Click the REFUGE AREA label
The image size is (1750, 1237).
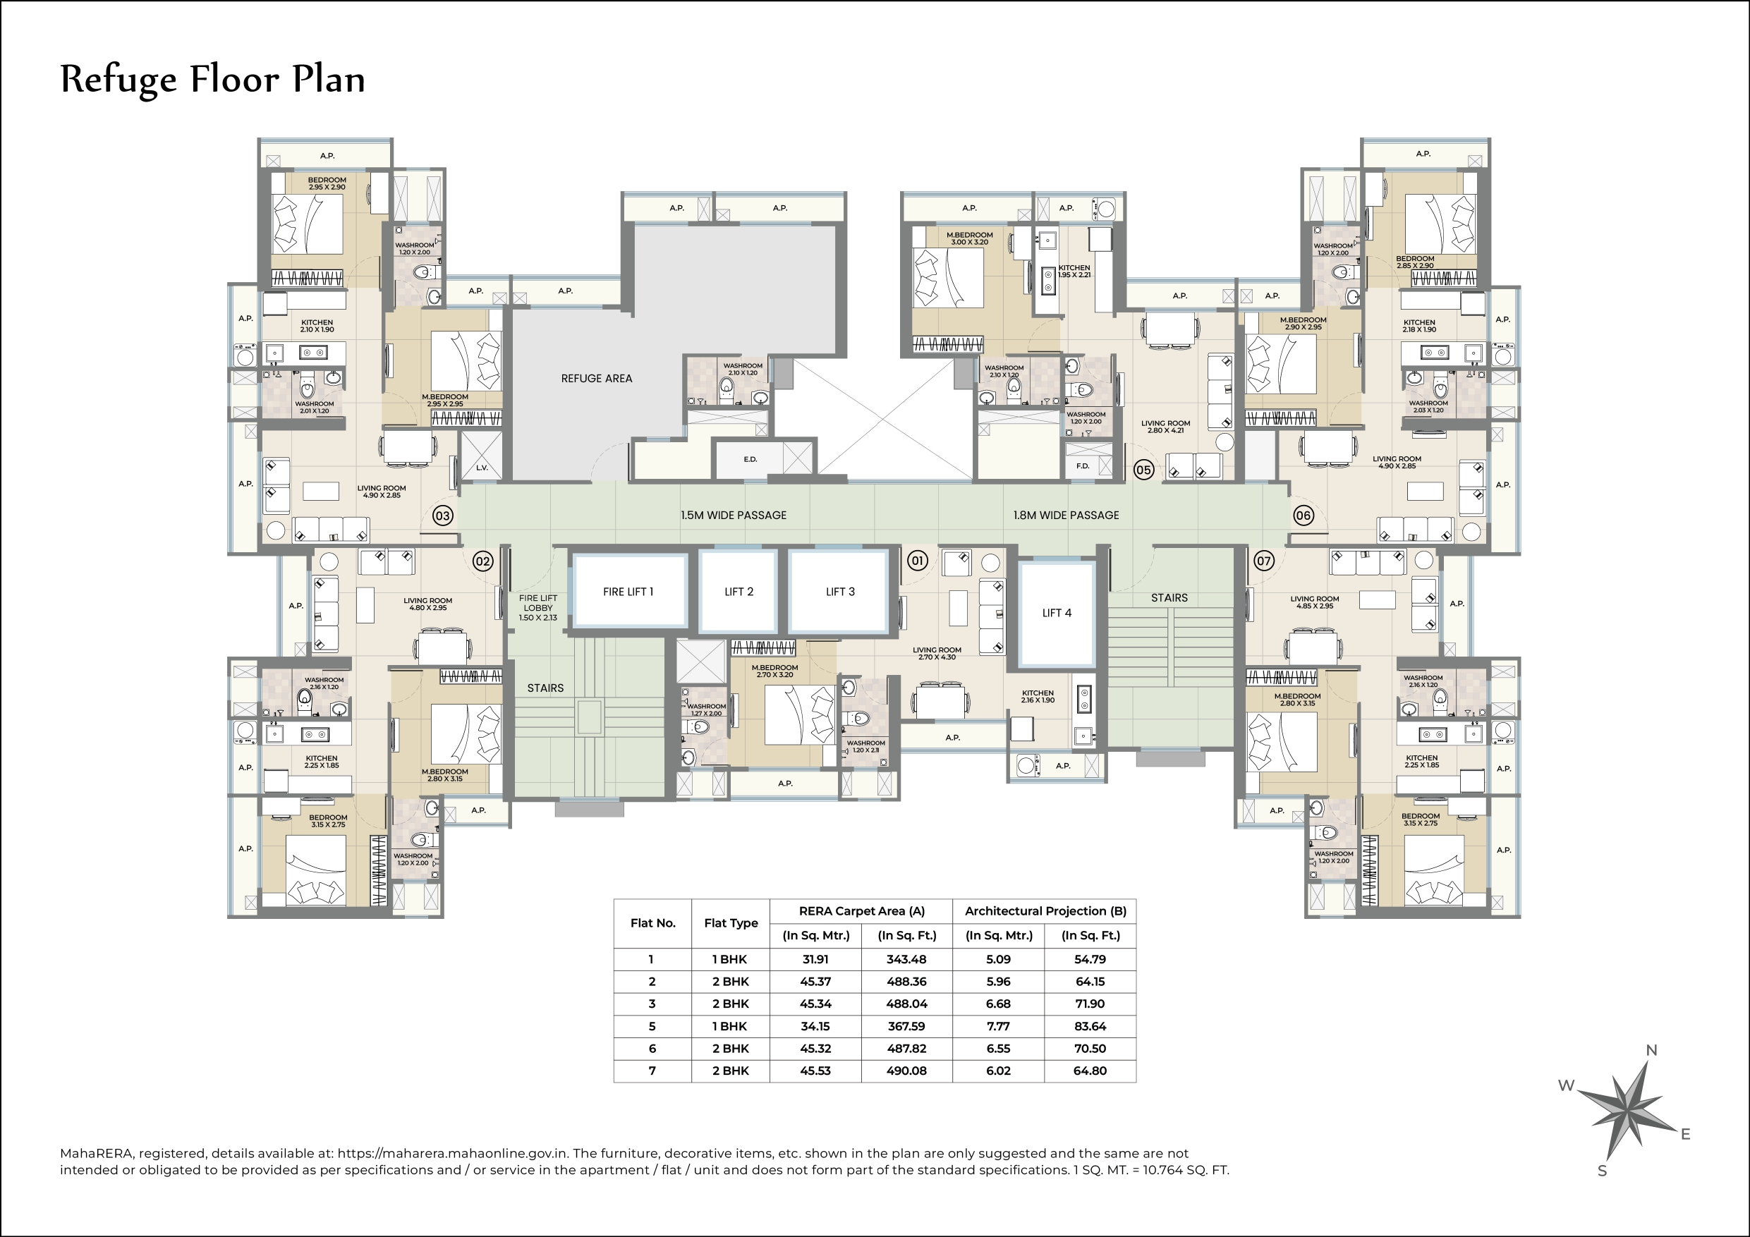[596, 379]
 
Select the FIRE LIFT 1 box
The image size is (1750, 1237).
[628, 592]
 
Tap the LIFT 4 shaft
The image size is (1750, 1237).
[1057, 613]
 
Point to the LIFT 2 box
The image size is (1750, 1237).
[739, 592]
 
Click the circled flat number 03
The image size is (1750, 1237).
[443, 516]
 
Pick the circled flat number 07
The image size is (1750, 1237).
[1264, 561]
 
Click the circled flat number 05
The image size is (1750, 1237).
[1143, 470]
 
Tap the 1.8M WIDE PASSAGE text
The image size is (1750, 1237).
[1066, 516]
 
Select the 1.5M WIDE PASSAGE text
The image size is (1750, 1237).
[734, 516]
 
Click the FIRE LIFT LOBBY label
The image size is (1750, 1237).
[538, 607]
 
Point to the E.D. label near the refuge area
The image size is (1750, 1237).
[750, 459]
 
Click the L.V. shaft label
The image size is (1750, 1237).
[482, 467]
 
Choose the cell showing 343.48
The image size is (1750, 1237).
[906, 959]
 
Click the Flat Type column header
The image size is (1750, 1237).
[730, 923]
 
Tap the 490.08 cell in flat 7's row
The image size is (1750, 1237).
[906, 1070]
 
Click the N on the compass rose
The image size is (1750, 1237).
[1651, 1050]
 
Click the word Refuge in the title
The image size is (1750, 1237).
[118, 80]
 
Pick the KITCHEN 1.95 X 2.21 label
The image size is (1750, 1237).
[1074, 272]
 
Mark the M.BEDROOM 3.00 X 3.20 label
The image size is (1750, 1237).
[969, 238]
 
